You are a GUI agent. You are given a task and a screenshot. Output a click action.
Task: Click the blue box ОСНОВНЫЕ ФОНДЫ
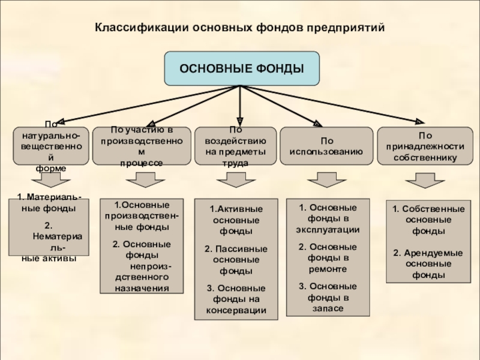(x=242, y=68)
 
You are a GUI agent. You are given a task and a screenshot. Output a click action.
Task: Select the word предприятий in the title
(x=346, y=28)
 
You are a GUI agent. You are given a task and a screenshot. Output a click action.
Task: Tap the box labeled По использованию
(x=326, y=146)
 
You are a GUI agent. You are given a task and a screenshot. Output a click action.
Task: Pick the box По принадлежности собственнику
(x=425, y=146)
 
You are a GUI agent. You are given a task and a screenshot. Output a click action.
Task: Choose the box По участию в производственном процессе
(x=142, y=146)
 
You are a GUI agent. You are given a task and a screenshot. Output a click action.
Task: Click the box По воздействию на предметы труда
(x=235, y=146)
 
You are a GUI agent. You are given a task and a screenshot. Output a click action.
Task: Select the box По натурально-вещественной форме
(x=51, y=146)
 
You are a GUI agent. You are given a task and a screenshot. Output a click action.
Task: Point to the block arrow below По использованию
(x=327, y=179)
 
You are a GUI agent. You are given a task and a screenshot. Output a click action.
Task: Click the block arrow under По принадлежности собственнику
(x=425, y=181)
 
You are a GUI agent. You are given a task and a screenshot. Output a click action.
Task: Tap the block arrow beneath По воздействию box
(x=236, y=179)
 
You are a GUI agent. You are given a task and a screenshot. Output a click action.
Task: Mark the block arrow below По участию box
(x=145, y=179)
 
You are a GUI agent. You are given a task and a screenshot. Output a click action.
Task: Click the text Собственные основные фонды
(x=428, y=220)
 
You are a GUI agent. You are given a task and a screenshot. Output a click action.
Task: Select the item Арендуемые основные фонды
(x=428, y=264)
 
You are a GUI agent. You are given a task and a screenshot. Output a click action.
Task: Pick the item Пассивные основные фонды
(x=236, y=260)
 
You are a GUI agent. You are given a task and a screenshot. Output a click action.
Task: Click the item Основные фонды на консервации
(x=236, y=299)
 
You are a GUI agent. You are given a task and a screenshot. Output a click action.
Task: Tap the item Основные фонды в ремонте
(x=328, y=258)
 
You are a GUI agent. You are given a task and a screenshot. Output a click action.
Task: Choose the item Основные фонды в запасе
(x=328, y=297)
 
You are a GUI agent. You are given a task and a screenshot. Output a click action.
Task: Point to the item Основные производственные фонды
(x=142, y=216)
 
